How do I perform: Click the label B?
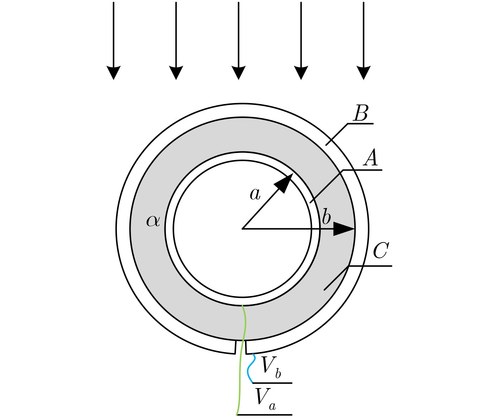361,114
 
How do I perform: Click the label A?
370,158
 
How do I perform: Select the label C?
381,251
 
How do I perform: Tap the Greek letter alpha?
153,221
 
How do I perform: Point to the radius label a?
255,194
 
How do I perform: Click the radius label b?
326,217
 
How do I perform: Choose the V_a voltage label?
265,398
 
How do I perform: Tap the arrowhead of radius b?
343,229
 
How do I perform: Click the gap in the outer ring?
241,347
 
